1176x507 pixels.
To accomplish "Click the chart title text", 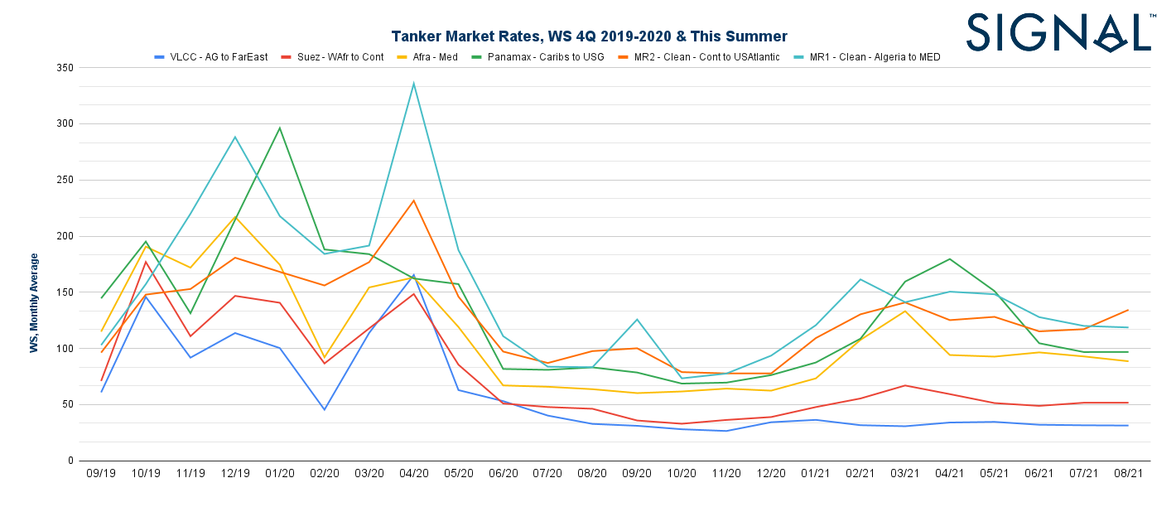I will click(x=589, y=36).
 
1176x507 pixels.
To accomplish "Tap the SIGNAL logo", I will click(x=1058, y=33).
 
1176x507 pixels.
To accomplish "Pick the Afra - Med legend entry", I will click(x=439, y=57).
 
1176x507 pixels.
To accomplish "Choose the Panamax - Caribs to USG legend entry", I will click(x=546, y=57).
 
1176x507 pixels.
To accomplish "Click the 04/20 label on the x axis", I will click(x=413, y=474).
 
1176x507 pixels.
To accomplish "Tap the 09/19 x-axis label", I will click(x=101, y=474).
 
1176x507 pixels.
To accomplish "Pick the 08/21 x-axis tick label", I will click(x=1128, y=474).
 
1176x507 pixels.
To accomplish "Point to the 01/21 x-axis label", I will click(x=816, y=474).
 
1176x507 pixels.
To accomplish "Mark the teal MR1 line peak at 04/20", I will click(x=413, y=83).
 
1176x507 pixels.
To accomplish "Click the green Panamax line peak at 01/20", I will click(x=280, y=128).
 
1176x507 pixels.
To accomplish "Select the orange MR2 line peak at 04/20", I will click(x=413, y=200).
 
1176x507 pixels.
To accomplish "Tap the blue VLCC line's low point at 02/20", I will click(x=325, y=409).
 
